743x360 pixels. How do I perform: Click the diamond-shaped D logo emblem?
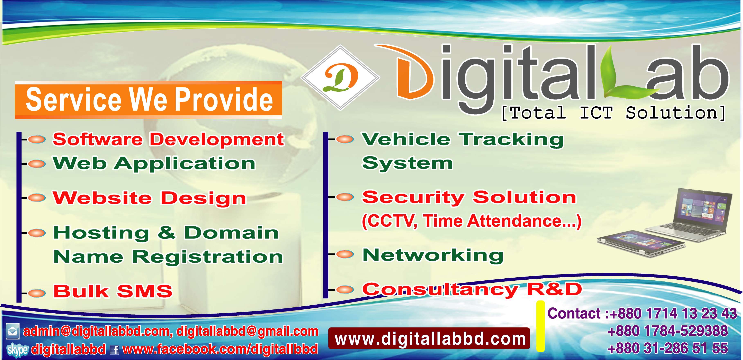tap(340, 78)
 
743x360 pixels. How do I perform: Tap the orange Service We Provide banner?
tap(148, 100)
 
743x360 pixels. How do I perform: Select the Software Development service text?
tap(168, 140)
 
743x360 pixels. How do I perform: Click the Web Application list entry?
tap(154, 164)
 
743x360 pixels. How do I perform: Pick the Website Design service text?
tap(149, 198)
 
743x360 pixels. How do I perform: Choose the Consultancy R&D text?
tap(472, 289)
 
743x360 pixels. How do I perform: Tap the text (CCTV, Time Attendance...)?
tap(471, 222)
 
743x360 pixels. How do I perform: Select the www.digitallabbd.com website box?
tap(429, 338)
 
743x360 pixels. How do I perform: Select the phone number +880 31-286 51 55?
tap(668, 348)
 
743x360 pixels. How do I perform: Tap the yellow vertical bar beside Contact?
tap(540, 326)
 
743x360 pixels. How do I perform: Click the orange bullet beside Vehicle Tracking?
tap(345, 139)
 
